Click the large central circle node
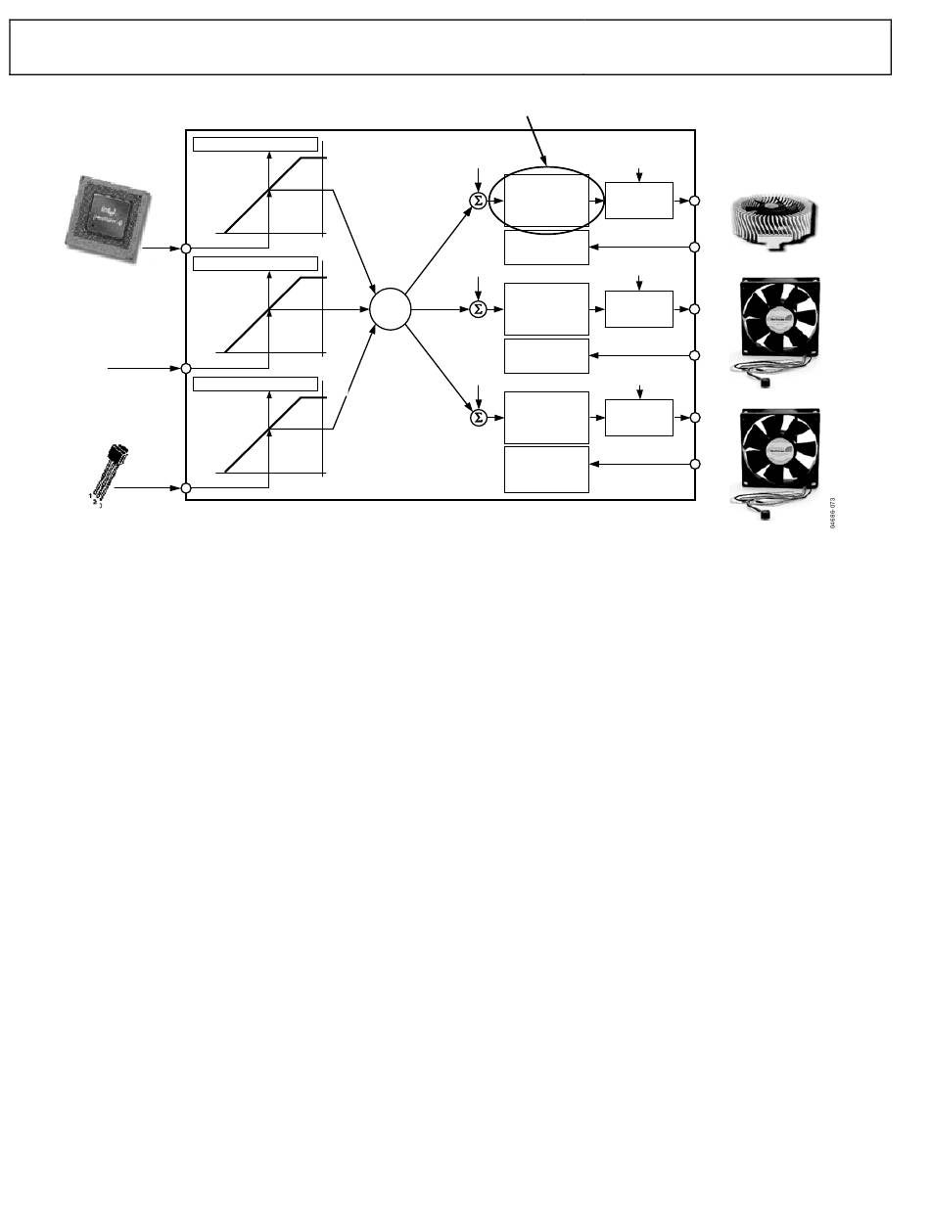(391, 309)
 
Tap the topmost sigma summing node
(478, 201)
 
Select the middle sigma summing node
(478, 309)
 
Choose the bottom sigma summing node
(478, 418)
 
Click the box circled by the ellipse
(546, 201)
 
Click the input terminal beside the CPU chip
(186, 249)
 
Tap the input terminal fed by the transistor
(186, 487)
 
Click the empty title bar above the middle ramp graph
(255, 263)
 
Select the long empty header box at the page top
(450, 47)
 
